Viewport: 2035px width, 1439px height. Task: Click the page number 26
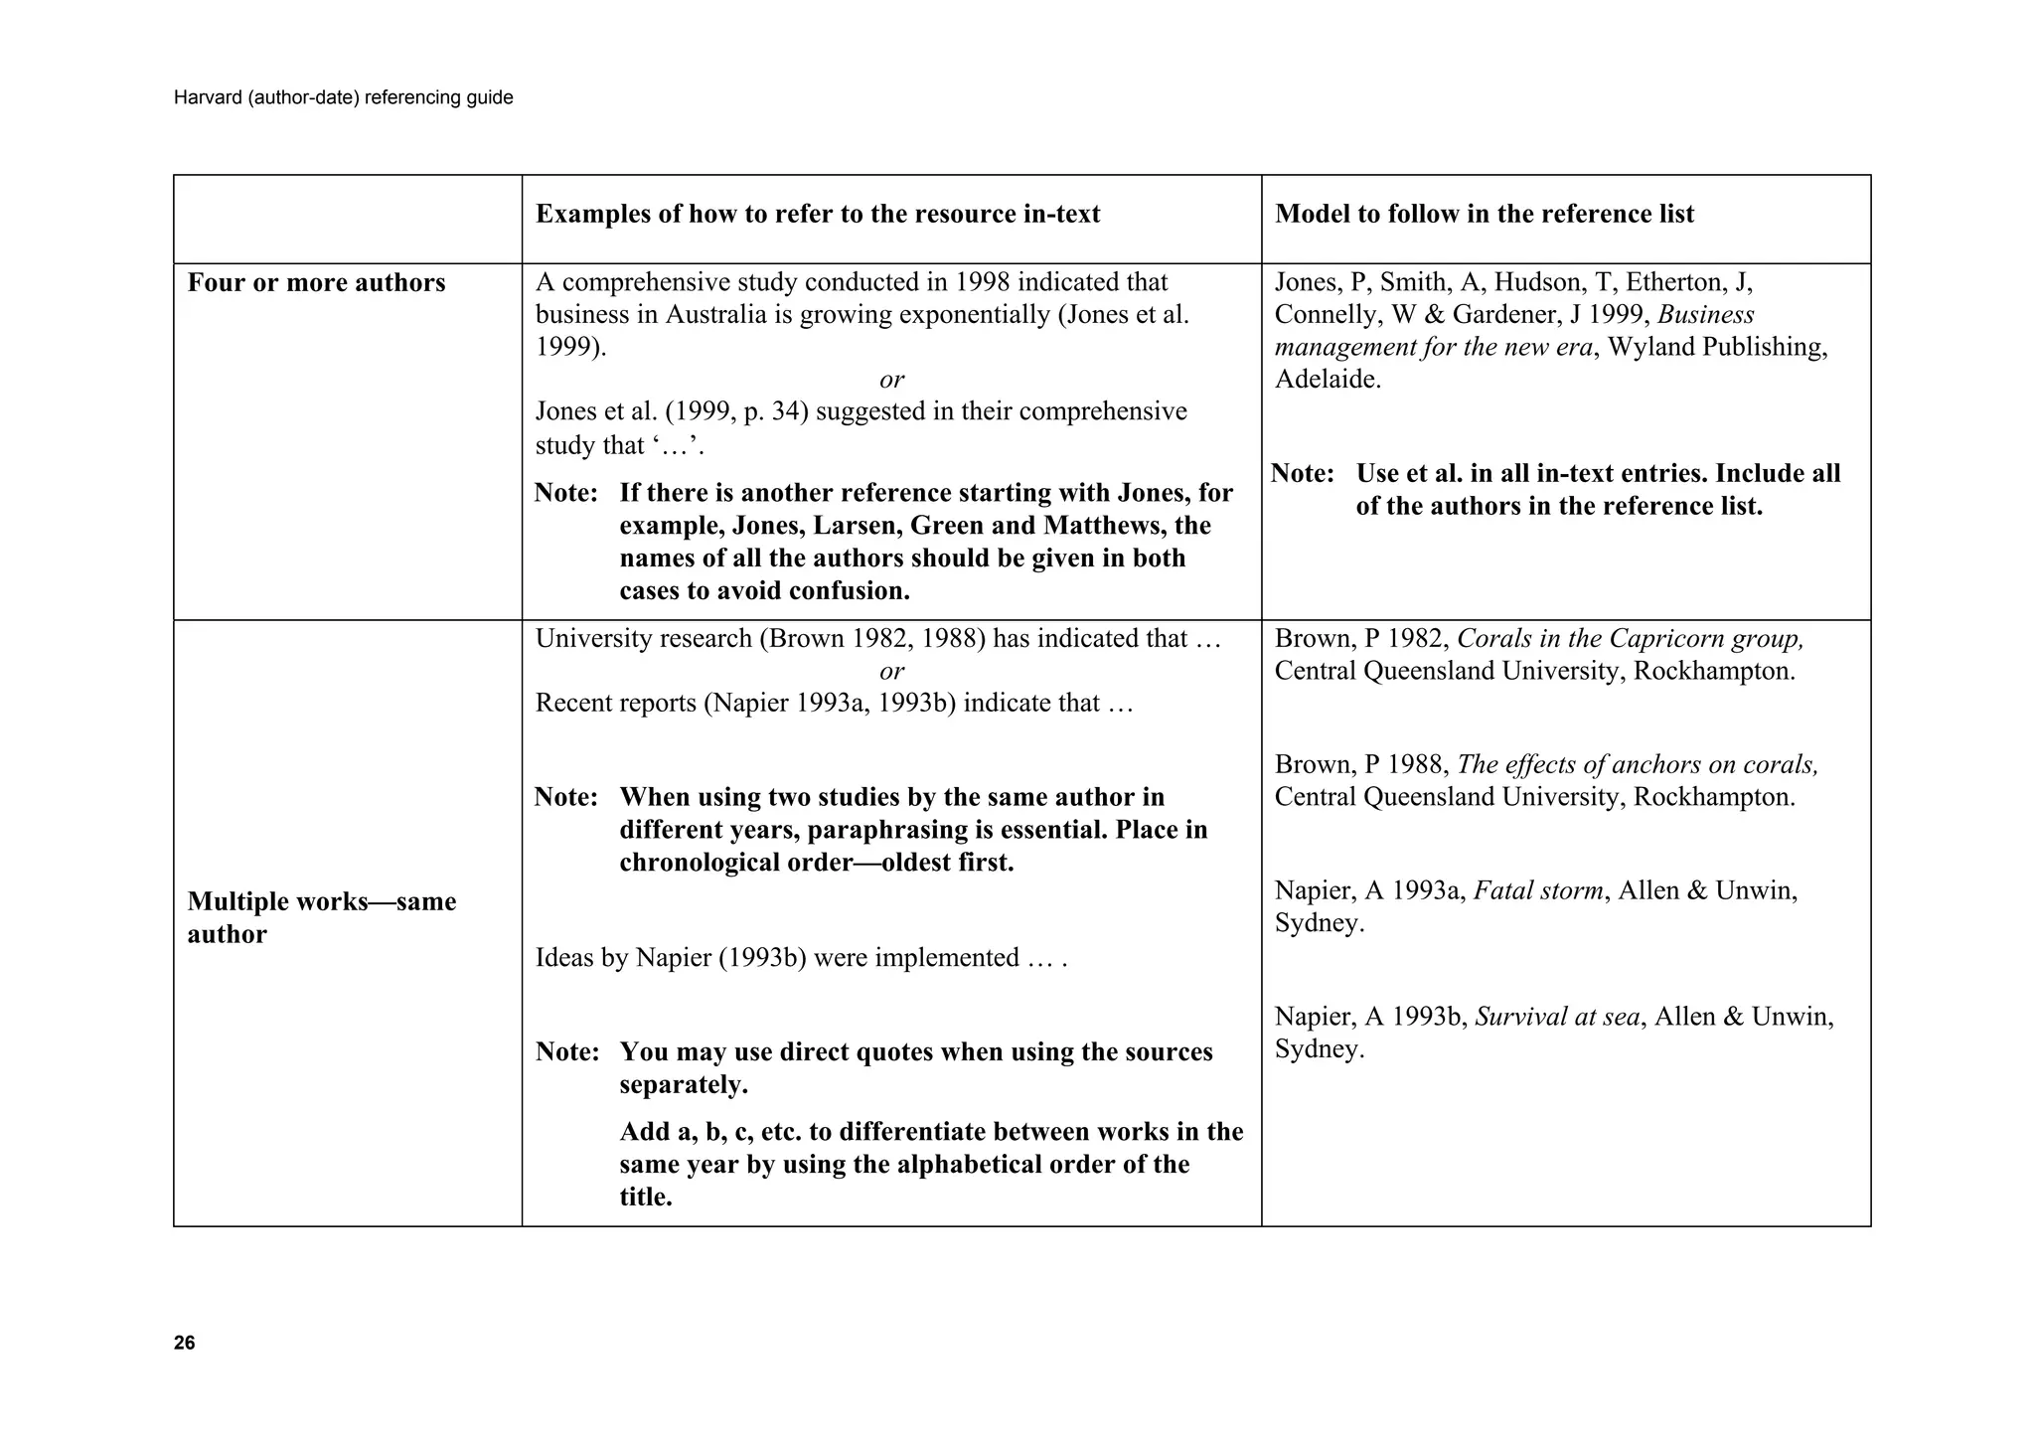[x=184, y=1344]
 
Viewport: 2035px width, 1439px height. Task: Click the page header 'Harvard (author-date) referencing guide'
[x=343, y=97]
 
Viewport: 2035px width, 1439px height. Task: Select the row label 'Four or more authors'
[x=316, y=283]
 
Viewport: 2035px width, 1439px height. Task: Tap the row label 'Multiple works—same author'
[x=321, y=917]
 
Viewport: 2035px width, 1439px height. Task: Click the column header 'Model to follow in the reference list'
[x=1484, y=214]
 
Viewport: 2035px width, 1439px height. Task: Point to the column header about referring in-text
[x=817, y=214]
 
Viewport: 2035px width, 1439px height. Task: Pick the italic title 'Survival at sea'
[x=1557, y=1017]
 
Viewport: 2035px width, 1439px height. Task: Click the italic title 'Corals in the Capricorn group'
[x=1629, y=639]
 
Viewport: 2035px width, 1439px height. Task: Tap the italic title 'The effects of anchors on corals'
[x=1637, y=765]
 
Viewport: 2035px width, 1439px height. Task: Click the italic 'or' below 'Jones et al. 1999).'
[x=891, y=380]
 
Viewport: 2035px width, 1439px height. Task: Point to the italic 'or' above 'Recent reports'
[x=891, y=671]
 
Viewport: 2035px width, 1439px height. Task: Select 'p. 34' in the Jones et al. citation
[x=770, y=411]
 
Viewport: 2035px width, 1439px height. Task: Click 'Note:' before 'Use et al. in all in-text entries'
[x=1302, y=474]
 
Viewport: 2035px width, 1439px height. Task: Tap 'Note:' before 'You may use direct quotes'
[x=566, y=1052]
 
